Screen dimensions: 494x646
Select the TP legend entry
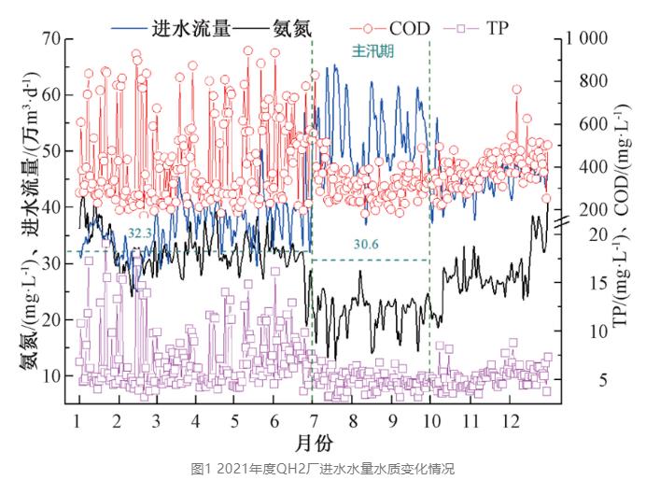498,28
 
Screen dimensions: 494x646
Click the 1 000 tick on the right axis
585,39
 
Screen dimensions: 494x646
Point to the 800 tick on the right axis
580,81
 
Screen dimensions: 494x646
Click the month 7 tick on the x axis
313,420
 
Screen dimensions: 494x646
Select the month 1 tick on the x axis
77,420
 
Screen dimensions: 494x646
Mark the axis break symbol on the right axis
558,223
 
